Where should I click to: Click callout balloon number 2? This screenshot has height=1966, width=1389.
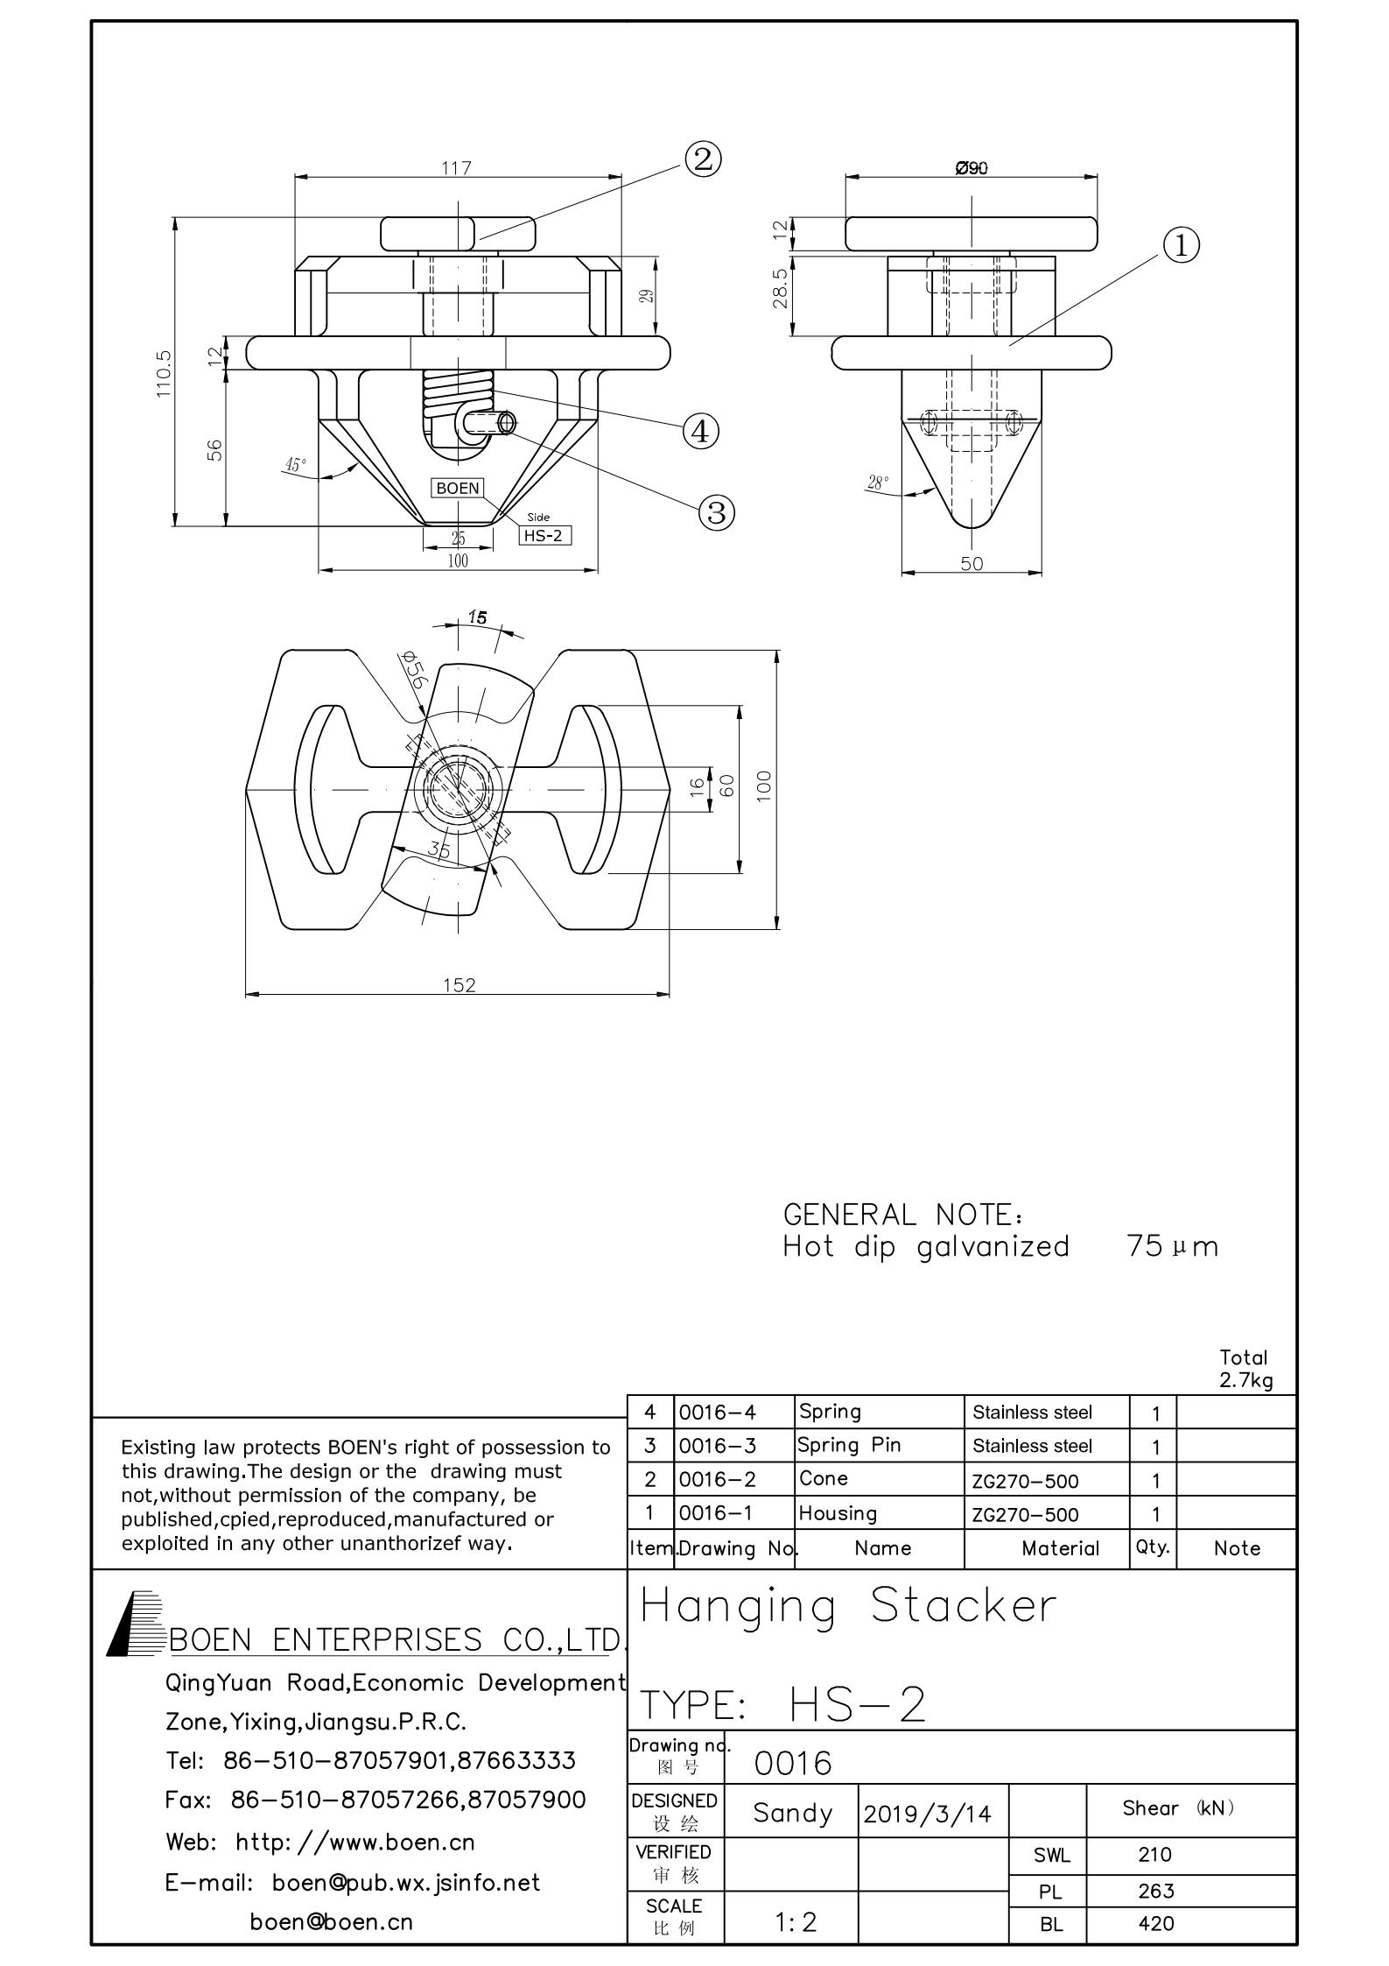point(703,159)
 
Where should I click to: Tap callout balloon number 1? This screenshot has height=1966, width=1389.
point(1181,245)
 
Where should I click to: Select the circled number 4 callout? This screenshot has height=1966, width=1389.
point(701,431)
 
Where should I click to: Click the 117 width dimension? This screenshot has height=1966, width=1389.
point(457,167)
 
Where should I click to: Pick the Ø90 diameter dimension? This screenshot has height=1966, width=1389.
point(972,167)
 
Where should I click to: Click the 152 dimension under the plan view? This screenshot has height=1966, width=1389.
point(459,985)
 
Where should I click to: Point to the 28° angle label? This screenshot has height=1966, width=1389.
point(877,482)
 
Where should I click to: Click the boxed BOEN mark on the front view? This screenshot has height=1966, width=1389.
point(458,488)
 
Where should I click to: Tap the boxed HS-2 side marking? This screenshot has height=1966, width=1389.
point(544,535)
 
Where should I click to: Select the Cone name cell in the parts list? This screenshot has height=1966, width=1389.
point(824,1478)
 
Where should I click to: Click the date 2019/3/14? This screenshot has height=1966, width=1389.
point(927,1814)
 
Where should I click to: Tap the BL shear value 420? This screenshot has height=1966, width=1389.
point(1156,1924)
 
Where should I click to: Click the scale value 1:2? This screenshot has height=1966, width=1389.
point(796,1922)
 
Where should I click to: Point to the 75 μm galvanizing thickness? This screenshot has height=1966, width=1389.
point(1172,1246)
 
